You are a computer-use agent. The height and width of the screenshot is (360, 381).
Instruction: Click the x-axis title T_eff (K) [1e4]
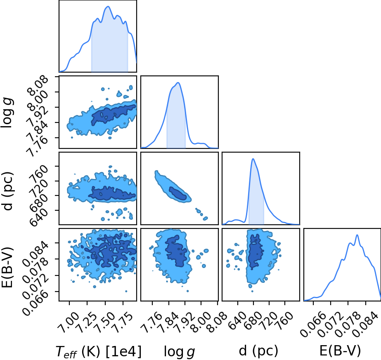point(98,351)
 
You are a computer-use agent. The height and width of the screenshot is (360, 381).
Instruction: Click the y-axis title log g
point(7,112)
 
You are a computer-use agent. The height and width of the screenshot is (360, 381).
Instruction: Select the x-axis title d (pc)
point(258,351)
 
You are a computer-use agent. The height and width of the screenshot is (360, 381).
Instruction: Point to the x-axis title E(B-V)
point(340,351)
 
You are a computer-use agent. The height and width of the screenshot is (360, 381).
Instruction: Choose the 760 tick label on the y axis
point(39,172)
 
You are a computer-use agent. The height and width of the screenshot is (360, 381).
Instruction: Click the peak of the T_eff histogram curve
point(108,6)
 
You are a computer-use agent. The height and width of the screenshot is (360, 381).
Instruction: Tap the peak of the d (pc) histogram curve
point(253,159)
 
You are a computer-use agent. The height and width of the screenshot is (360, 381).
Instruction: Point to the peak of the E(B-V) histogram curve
point(357,235)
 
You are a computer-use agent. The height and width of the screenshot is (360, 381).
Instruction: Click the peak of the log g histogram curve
point(178,82)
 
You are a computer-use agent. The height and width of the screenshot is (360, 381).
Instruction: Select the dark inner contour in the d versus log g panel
point(178,194)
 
